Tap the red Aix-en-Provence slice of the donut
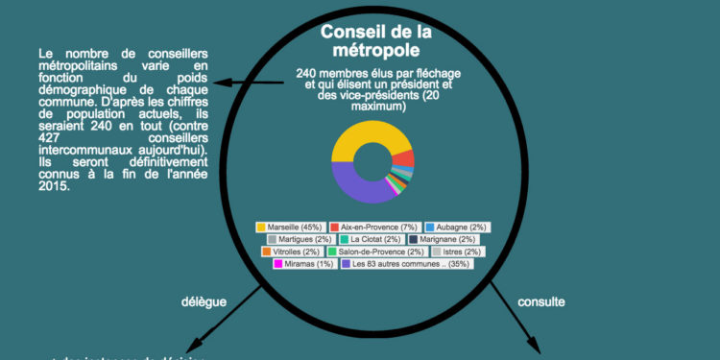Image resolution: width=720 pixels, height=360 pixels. click(x=405, y=158)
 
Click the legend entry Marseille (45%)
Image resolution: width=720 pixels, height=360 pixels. click(x=289, y=227)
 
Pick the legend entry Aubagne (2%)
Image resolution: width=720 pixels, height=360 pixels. click(x=454, y=227)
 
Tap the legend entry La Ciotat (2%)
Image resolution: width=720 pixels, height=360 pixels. click(x=371, y=239)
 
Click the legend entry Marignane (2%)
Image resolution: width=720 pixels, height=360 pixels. click(x=442, y=239)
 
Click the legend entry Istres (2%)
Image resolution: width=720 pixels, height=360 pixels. click(x=457, y=252)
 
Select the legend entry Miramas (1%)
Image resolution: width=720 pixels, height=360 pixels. click(x=302, y=264)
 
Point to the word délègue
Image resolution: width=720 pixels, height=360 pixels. click(x=204, y=301)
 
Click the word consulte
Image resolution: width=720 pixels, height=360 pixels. click(x=541, y=301)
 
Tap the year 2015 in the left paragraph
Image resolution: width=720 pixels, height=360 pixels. click(x=54, y=186)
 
